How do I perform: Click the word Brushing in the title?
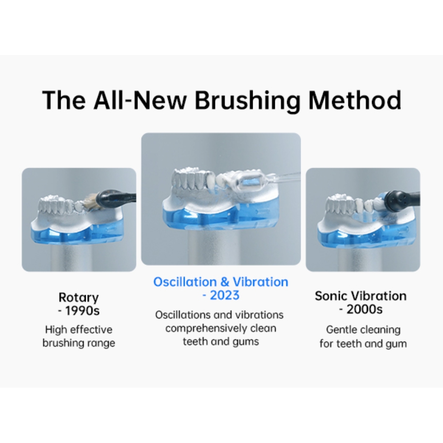tap(247, 100)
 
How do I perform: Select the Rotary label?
tap(78, 298)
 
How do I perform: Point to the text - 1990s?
tap(78, 311)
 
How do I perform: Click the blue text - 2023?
tap(221, 295)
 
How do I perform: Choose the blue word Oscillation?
tap(185, 282)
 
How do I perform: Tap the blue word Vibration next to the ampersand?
tap(260, 282)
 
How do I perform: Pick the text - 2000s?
tap(361, 309)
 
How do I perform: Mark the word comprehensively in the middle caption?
tap(203, 329)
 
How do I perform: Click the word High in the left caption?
tap(55, 330)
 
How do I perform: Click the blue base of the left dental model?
tap(77, 232)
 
